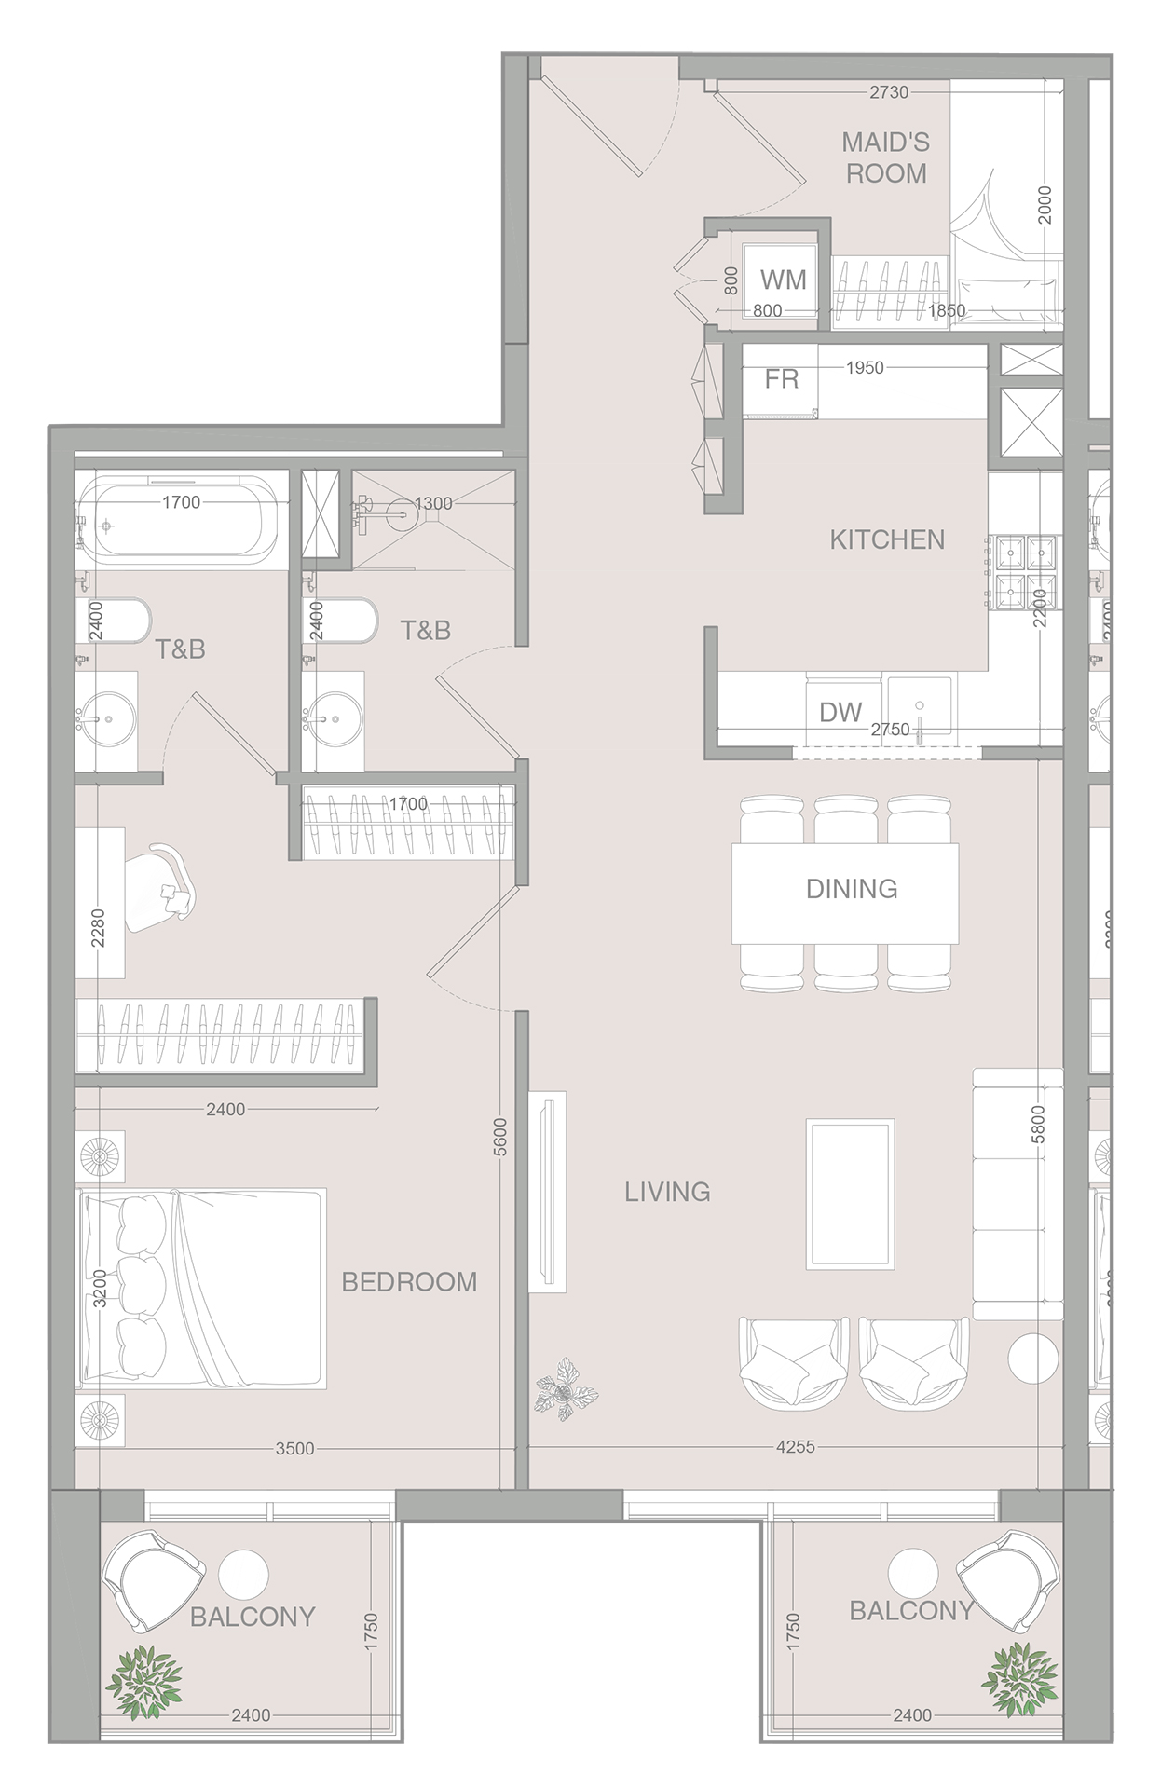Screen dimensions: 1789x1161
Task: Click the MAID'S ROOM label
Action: tap(885, 157)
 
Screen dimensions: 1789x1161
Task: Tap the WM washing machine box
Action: tap(781, 280)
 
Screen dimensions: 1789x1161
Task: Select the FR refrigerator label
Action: tap(781, 379)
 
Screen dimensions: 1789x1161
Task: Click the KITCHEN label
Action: tap(887, 539)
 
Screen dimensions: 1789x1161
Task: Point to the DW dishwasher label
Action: tap(840, 713)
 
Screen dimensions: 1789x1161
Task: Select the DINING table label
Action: tap(851, 888)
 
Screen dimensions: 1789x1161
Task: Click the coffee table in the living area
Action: tap(850, 1194)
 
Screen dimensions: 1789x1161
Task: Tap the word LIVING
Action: tap(667, 1192)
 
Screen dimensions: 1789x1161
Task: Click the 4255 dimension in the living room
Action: tap(795, 1447)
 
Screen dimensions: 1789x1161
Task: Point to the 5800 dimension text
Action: tap(1038, 1125)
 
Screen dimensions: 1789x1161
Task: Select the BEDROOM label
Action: tap(409, 1282)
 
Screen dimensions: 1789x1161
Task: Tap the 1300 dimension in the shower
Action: tap(433, 503)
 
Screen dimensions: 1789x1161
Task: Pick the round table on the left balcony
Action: tap(244, 1574)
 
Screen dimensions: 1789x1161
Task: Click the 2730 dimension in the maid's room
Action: tap(888, 92)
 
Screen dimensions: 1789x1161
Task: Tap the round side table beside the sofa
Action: tap(1033, 1359)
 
